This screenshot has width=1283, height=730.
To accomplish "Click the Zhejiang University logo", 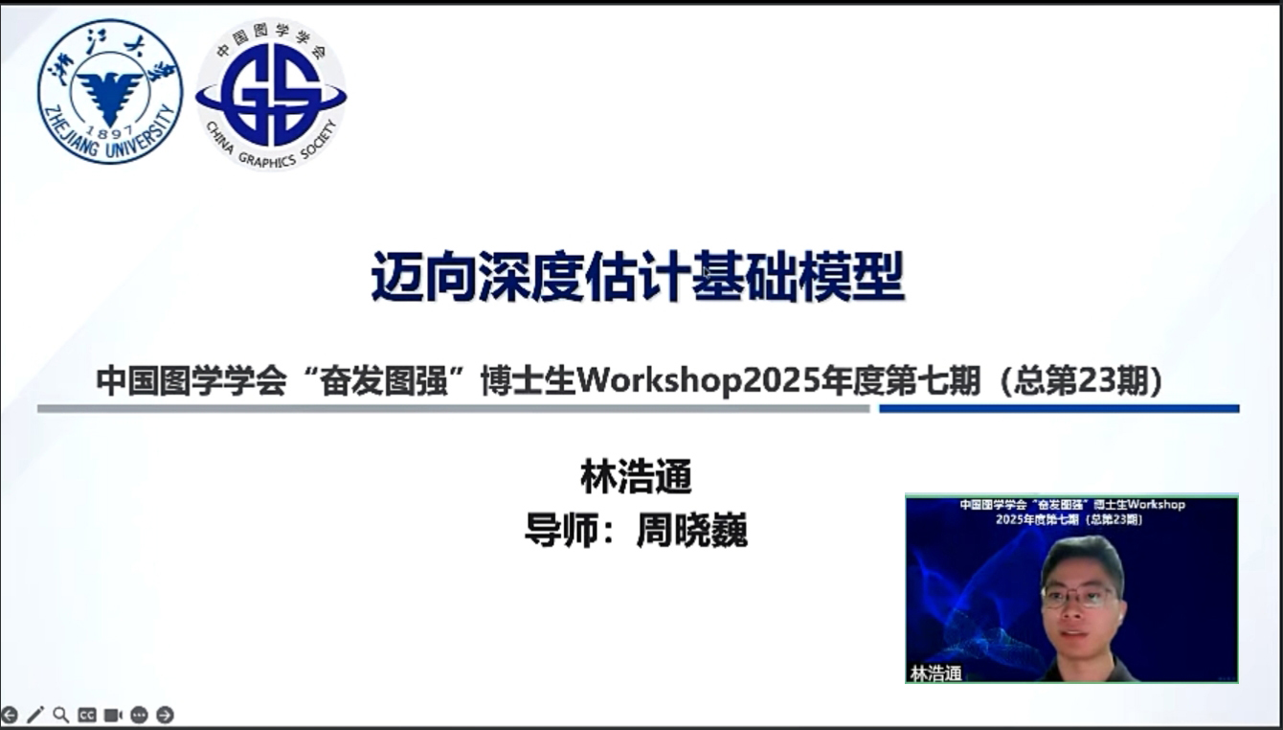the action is tap(110, 92).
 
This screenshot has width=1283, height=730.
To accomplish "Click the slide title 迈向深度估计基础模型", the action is tap(638, 277).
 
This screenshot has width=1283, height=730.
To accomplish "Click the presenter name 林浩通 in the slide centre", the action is tap(637, 477).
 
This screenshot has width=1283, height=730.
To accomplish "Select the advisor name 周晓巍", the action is tap(692, 531).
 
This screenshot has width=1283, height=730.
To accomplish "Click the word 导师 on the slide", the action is tap(553, 531).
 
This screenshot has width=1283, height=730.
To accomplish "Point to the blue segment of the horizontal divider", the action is tap(1059, 408).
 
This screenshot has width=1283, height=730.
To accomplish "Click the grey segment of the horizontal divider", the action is tap(454, 408).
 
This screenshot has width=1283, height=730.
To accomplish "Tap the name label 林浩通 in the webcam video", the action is tap(935, 673).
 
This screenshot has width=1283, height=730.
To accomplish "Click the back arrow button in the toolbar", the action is tap(10, 715).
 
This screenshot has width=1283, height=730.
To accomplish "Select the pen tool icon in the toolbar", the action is tap(34, 715).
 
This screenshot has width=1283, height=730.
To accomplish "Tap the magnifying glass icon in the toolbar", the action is tap(60, 715).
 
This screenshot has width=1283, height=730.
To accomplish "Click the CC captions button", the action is tap(86, 715).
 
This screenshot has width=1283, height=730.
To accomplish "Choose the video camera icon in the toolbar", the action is tap(113, 715).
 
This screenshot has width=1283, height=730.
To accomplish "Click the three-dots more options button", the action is tap(139, 715).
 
